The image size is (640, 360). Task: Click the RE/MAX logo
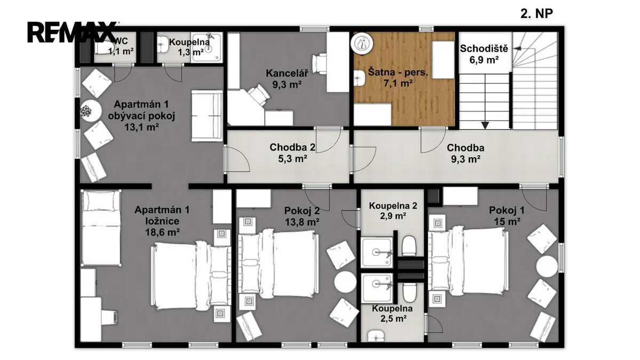[x=73, y=32]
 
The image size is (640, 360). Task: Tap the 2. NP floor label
[x=537, y=13]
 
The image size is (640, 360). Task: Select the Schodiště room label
[x=484, y=49]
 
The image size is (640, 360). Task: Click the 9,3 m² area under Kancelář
[x=287, y=85]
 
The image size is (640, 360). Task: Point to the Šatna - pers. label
[x=398, y=72]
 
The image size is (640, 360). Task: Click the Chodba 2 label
[x=292, y=147]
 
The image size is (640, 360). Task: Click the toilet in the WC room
[x=104, y=47]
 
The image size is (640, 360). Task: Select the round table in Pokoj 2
[x=346, y=282]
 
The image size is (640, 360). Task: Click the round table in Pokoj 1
[x=547, y=266]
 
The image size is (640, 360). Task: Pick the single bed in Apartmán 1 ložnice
[x=101, y=228]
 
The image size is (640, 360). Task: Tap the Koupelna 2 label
[x=393, y=206]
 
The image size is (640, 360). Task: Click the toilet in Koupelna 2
[x=409, y=245]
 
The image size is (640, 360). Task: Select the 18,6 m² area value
[x=162, y=232]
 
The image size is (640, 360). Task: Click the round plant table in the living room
[x=91, y=111]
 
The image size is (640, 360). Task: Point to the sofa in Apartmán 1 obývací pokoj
[x=207, y=116]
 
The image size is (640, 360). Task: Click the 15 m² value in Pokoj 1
[x=507, y=221]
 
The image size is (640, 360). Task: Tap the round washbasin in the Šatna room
[x=362, y=43]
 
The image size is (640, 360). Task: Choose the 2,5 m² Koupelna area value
[x=394, y=318]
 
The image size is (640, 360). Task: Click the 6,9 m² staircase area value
[x=484, y=60]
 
